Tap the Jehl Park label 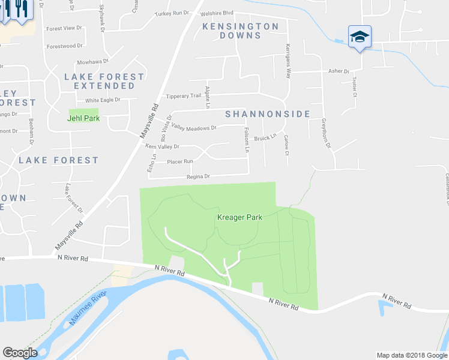(83, 118)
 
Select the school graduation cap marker (360, 37)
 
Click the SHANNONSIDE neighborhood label (267, 114)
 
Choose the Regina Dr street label (198, 176)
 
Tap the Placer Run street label (180, 161)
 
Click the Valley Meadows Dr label (193, 128)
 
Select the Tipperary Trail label (184, 96)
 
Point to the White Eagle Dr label (103, 100)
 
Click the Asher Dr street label (339, 71)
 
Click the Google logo (20, 353)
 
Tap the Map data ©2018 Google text (411, 355)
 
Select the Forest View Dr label (64, 28)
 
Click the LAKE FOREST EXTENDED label (104, 82)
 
